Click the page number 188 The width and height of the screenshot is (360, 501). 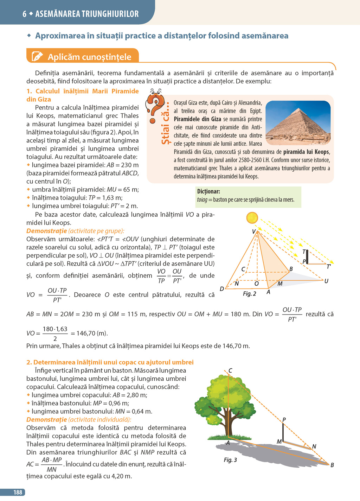point(18,493)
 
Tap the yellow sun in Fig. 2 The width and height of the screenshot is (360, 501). point(252,218)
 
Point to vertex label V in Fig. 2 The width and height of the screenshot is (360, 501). point(253,232)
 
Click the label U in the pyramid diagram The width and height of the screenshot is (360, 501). point(326,281)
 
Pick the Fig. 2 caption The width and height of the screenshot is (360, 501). point(249,294)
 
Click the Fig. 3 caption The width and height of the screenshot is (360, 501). point(230,460)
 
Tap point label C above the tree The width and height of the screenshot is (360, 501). point(230,370)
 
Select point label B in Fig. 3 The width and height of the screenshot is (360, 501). point(332,465)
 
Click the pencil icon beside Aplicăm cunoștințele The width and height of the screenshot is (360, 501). point(37,57)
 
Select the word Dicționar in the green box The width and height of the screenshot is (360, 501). point(208,191)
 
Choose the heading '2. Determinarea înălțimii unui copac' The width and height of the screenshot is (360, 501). point(110,362)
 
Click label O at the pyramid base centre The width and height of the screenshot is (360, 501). point(257,284)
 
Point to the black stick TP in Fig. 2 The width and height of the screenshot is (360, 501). point(307,257)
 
